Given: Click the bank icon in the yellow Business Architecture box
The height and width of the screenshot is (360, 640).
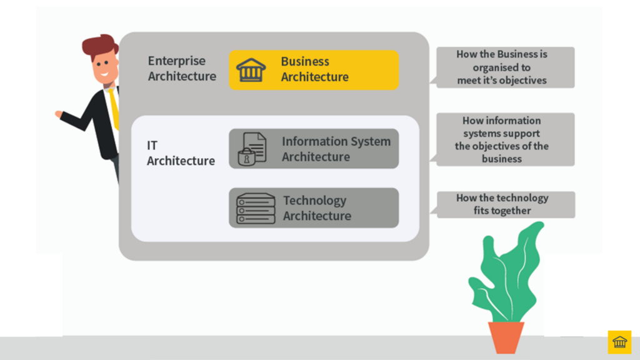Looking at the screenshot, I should pos(251,70).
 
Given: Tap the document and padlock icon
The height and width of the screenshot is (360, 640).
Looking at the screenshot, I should pos(252,149).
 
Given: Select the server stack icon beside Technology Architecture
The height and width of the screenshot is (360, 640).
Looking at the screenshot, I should pos(256,208).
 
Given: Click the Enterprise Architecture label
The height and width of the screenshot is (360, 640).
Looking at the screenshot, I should pos(182,69).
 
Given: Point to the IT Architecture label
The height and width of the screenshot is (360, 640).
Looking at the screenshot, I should pos(181,153).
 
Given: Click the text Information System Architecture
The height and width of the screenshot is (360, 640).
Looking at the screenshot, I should pos(336,149).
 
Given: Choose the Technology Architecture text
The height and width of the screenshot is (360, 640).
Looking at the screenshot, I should pos(317,208).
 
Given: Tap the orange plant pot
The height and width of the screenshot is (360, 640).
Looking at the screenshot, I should pos(506,337).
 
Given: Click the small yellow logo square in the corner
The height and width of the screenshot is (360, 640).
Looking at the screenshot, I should pos(619,342).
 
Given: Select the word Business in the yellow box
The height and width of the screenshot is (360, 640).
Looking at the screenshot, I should pos(305,62).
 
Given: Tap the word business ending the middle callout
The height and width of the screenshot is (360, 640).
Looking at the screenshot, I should pos(501,159).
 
